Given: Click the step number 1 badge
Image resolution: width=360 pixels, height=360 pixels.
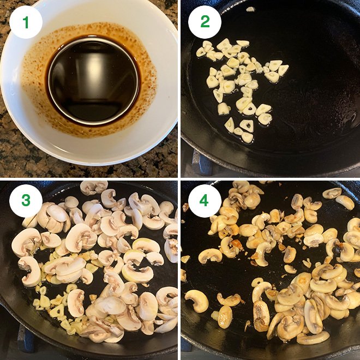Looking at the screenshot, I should coord(26,22).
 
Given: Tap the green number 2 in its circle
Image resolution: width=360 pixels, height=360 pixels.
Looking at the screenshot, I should coord(205,22).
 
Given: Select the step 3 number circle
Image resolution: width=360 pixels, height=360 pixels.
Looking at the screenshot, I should coord(26,201).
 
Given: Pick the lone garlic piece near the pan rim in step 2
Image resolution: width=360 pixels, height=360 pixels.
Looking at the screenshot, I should coord(250,9).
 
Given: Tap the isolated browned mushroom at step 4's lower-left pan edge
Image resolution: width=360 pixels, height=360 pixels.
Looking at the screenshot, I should coord(196,299).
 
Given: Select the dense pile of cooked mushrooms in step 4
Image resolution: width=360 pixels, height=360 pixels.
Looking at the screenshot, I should coord(305,300).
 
